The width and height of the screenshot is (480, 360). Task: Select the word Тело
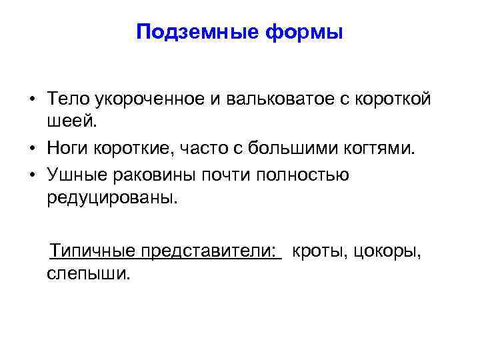click(69, 99)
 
